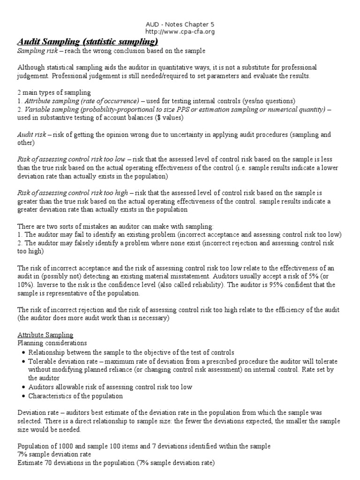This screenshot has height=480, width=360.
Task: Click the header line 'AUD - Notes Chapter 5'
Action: point(180,24)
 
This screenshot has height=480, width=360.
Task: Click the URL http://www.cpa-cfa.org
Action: point(180,31)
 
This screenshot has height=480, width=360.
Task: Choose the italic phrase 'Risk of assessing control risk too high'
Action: point(73,193)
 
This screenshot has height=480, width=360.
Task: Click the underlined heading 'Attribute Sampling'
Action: point(45,335)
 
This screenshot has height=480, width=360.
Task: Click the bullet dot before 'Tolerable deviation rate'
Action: point(23,362)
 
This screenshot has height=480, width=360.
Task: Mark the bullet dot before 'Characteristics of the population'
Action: point(23,396)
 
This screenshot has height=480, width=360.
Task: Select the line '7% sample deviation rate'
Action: point(54,455)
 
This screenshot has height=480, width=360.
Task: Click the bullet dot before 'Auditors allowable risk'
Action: point(23,387)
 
